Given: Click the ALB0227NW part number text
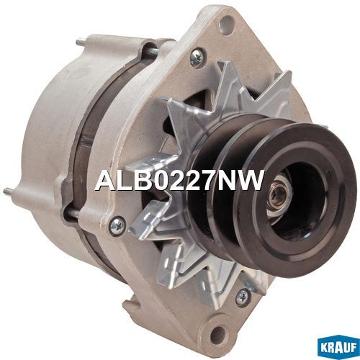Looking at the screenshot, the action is [x=179, y=180].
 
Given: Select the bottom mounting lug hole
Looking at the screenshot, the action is [x=219, y=333].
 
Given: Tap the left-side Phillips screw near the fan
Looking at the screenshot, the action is [x=118, y=225].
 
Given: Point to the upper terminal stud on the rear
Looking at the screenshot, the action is [x=81, y=42].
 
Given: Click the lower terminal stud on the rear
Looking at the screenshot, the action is [x=9, y=191].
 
